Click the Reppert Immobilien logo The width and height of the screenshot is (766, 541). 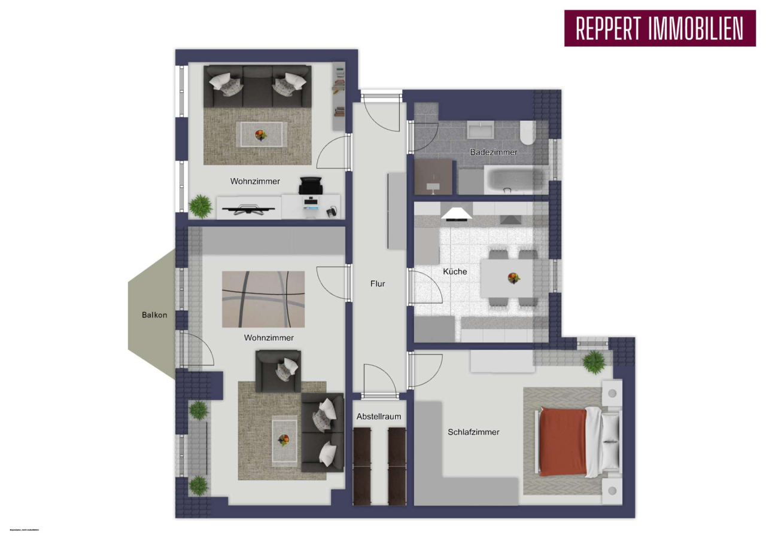click(659, 28)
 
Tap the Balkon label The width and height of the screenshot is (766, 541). click(154, 315)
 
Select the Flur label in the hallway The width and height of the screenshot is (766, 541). click(377, 284)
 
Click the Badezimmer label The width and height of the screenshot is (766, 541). click(493, 152)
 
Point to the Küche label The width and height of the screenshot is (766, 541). click(455, 271)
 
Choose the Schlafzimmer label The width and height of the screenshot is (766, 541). click(473, 432)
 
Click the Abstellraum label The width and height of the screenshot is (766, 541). click(379, 417)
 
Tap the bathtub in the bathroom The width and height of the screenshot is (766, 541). click(514, 180)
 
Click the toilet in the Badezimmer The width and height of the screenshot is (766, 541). click(528, 133)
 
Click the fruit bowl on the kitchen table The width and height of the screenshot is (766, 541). click(513, 277)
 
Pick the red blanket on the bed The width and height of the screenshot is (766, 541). click(562, 441)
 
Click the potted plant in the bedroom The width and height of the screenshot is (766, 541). click(594, 362)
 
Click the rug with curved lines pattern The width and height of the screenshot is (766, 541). click(263, 299)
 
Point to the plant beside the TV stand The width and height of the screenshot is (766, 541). click(200, 206)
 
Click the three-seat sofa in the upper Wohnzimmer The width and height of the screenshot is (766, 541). click(257, 85)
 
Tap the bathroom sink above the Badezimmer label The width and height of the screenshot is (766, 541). click(480, 130)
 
